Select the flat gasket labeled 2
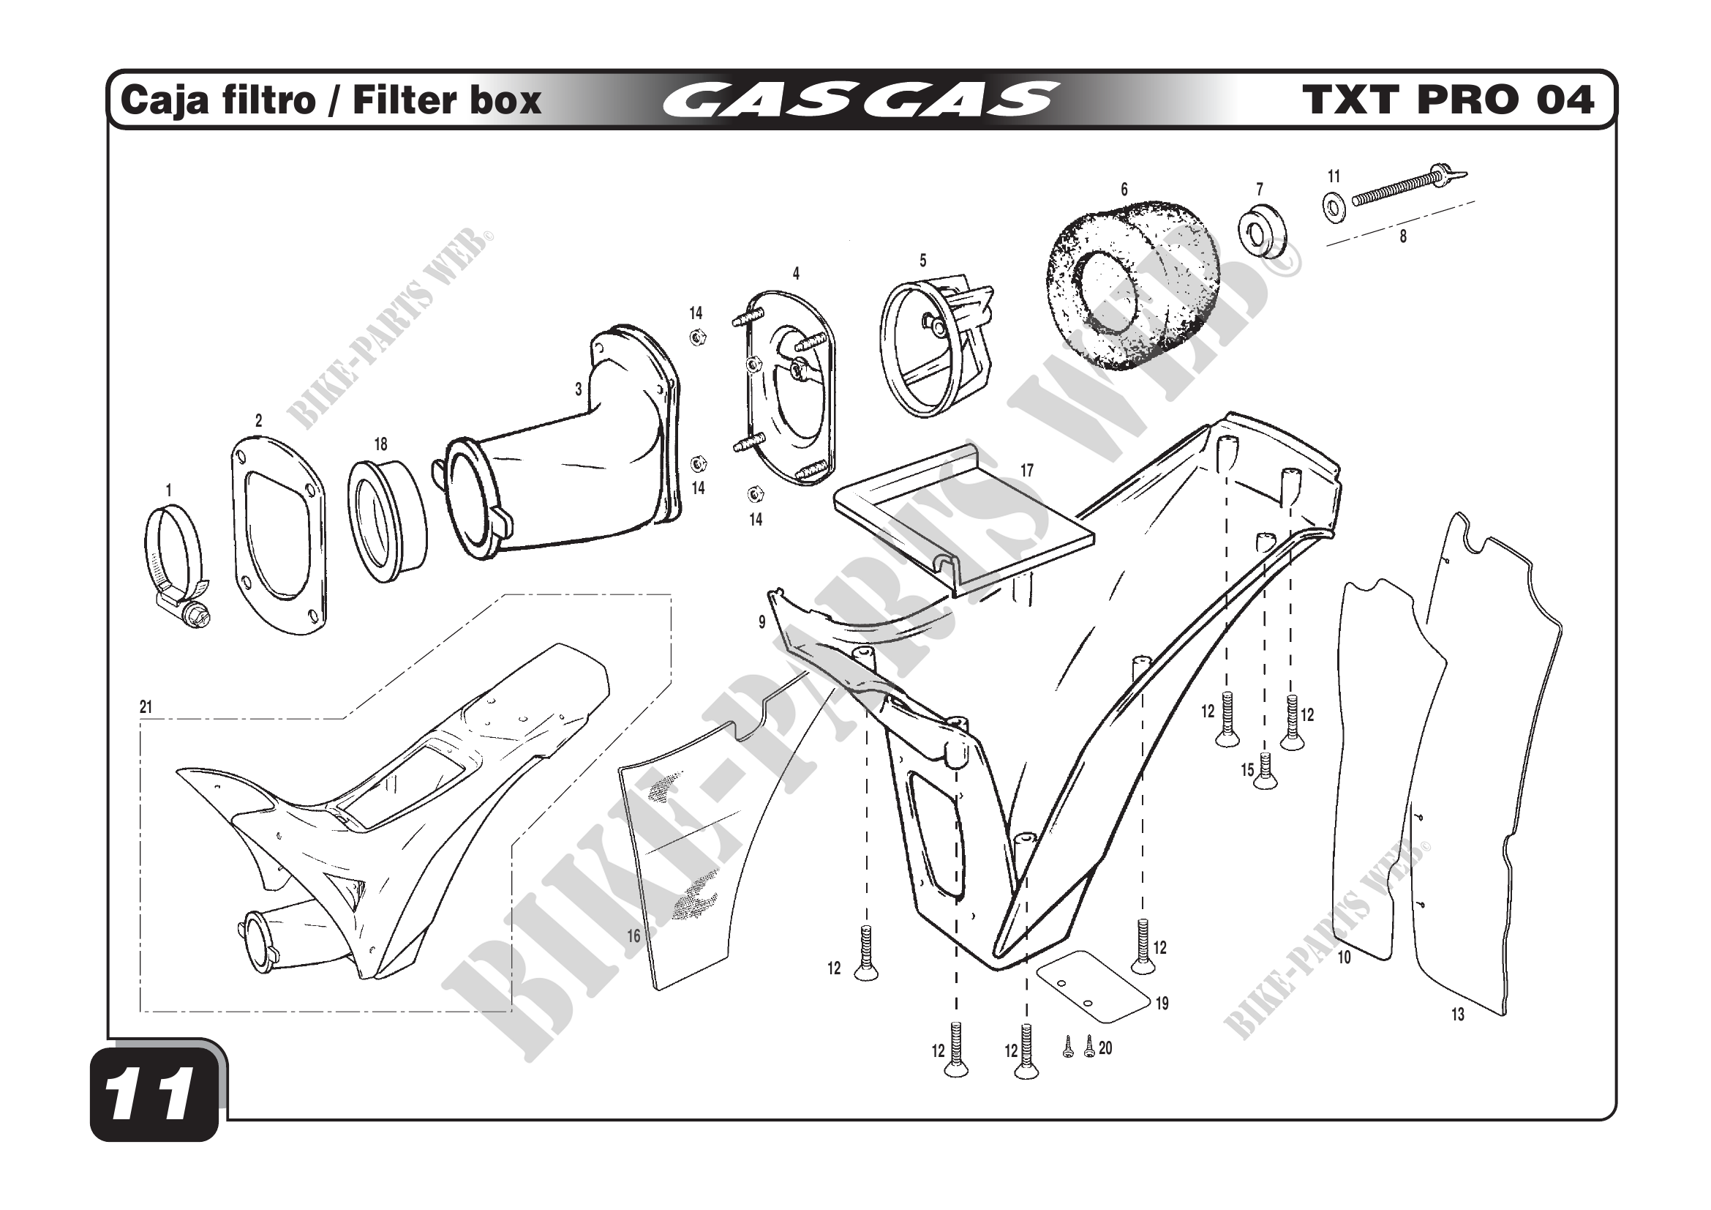[278, 537]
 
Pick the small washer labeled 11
[1334, 206]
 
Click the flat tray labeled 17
[961, 522]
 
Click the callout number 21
[146, 707]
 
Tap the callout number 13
[1458, 1015]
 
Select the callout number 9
[762, 621]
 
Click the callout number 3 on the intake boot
[579, 389]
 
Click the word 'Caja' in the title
[154, 100]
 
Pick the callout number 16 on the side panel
[633, 935]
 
